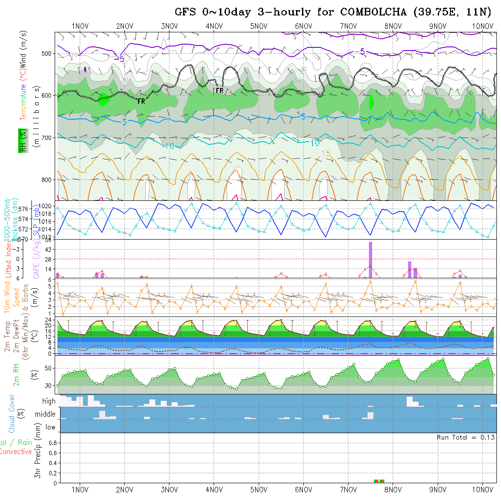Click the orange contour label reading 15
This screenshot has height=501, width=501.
pos(326,154)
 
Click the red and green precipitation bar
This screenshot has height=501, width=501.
pos(379,481)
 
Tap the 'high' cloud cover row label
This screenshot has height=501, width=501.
pos(49,401)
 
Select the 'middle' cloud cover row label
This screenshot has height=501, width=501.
pos(45,414)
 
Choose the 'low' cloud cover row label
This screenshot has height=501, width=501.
pos(50,427)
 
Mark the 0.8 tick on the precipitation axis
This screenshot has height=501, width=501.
pos(52,443)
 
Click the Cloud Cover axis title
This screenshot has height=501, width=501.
pos(12,414)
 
